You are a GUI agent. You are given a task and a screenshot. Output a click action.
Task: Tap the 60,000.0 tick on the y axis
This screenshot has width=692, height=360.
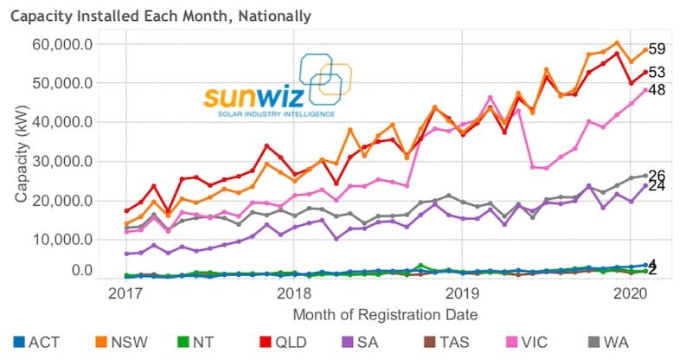click(74, 44)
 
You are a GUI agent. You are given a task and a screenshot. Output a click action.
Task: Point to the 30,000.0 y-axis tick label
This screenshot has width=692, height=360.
click(74, 161)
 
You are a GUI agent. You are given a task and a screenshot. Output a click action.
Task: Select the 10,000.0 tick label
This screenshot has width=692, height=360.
click(74, 240)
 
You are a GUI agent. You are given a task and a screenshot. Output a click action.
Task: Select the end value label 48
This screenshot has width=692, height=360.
click(657, 90)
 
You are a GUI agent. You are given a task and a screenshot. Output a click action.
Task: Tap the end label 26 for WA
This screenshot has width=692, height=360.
click(657, 175)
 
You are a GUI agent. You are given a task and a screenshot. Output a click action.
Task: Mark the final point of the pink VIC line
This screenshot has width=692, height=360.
click(644, 90)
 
